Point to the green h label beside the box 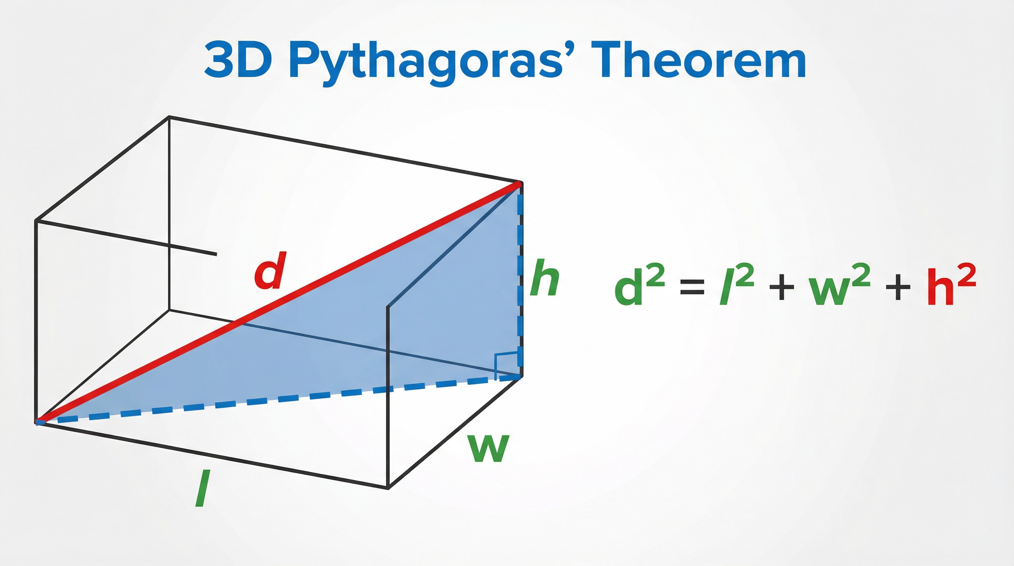pos(544,277)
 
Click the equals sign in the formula pos(692,287)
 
